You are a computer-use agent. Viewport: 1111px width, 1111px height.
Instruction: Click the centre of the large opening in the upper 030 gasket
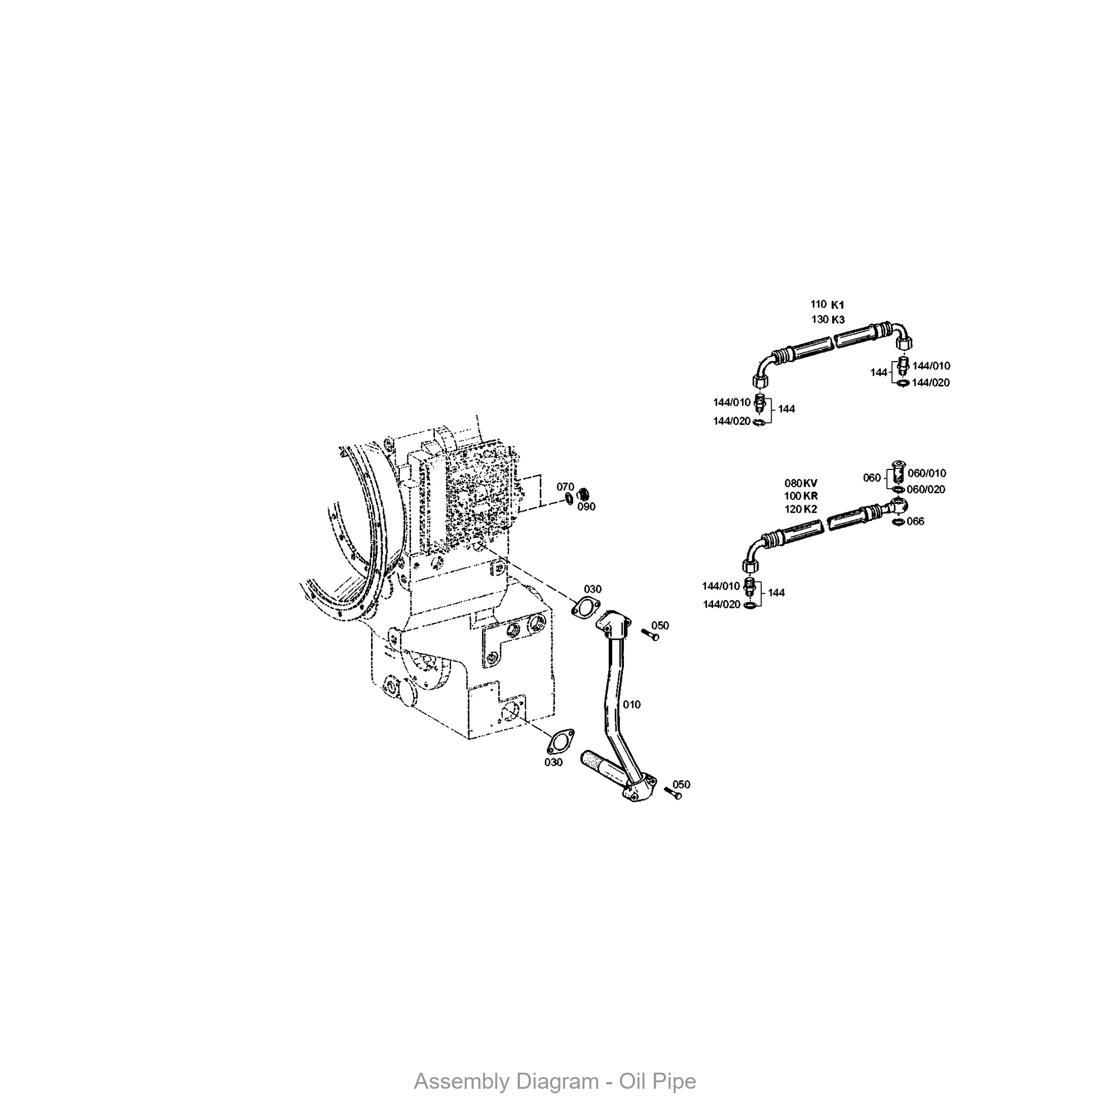click(x=586, y=607)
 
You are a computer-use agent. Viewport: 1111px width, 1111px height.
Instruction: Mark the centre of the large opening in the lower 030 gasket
click(x=560, y=741)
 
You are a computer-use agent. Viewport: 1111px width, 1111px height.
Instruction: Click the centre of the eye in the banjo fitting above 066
click(x=900, y=506)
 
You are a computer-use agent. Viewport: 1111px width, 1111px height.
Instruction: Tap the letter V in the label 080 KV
click(x=814, y=483)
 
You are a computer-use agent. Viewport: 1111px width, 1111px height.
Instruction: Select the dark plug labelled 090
click(x=583, y=494)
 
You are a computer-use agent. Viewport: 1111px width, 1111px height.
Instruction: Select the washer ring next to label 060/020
click(x=898, y=489)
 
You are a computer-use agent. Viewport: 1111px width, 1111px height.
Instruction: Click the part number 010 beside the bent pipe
click(x=632, y=704)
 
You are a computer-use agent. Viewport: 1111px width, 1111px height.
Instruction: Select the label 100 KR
click(x=801, y=496)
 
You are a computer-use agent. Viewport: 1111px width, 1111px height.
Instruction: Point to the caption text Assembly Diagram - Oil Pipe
click(x=555, y=1082)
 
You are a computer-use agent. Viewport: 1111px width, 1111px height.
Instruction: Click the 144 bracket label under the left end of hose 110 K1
click(x=786, y=409)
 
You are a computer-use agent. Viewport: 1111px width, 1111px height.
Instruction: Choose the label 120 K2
click(x=801, y=509)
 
